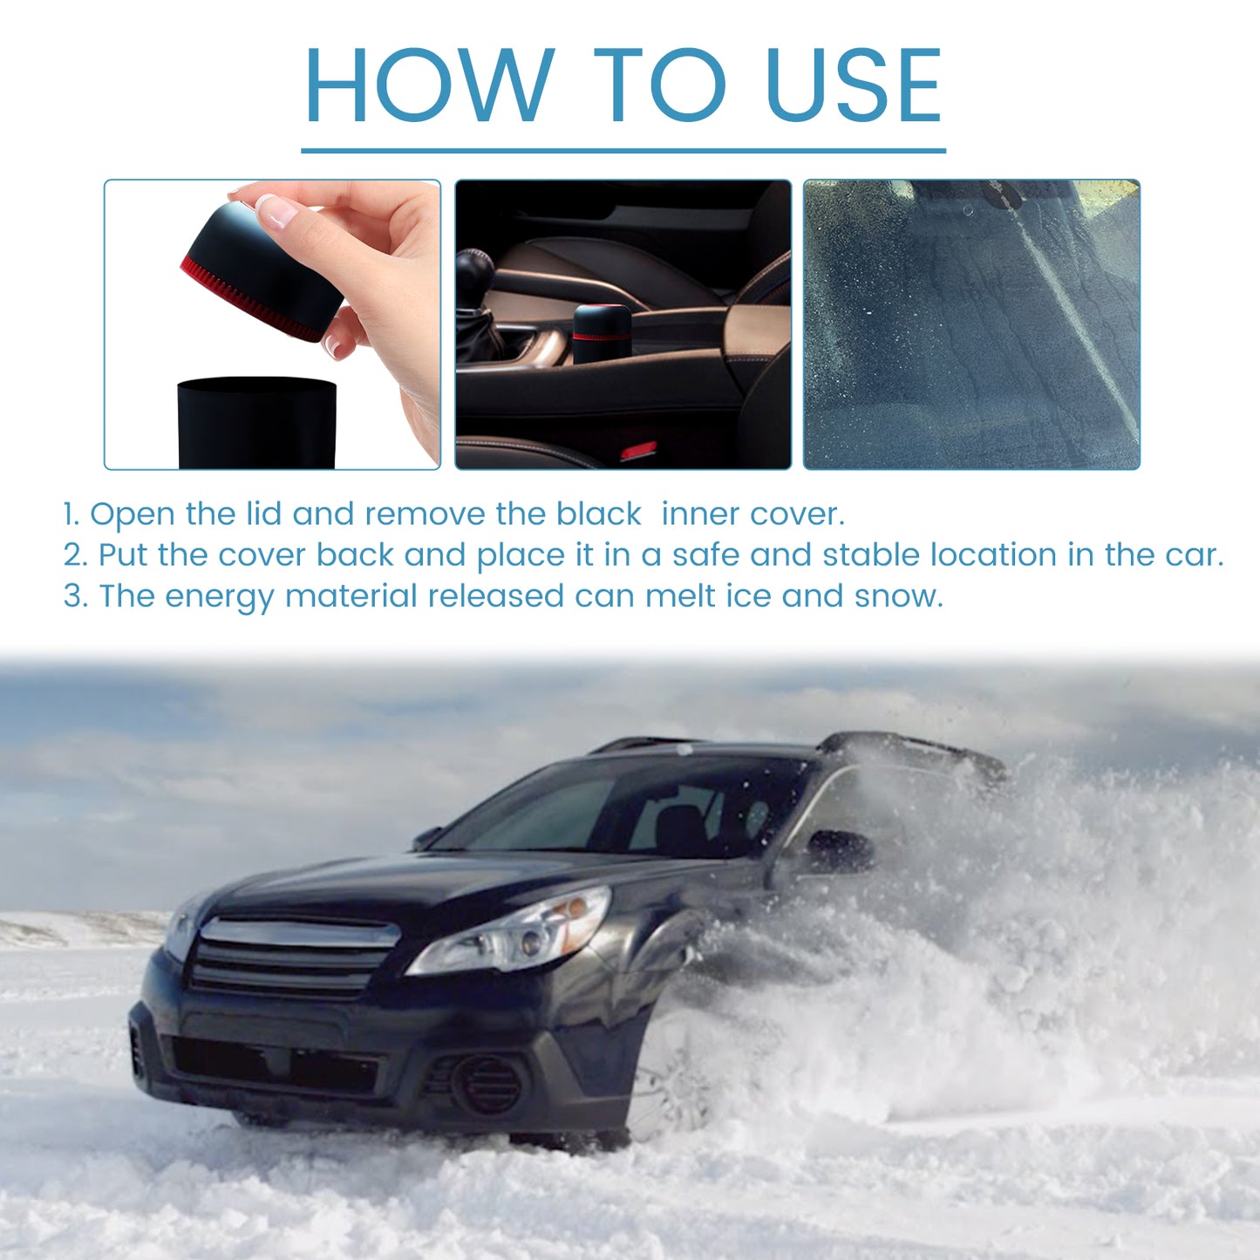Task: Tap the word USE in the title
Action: [x=854, y=85]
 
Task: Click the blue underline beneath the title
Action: [x=623, y=151]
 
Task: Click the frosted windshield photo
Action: [x=971, y=324]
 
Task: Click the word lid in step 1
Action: [x=263, y=514]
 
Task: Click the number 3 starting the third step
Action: [x=75, y=596]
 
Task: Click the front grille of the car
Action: [x=292, y=955]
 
